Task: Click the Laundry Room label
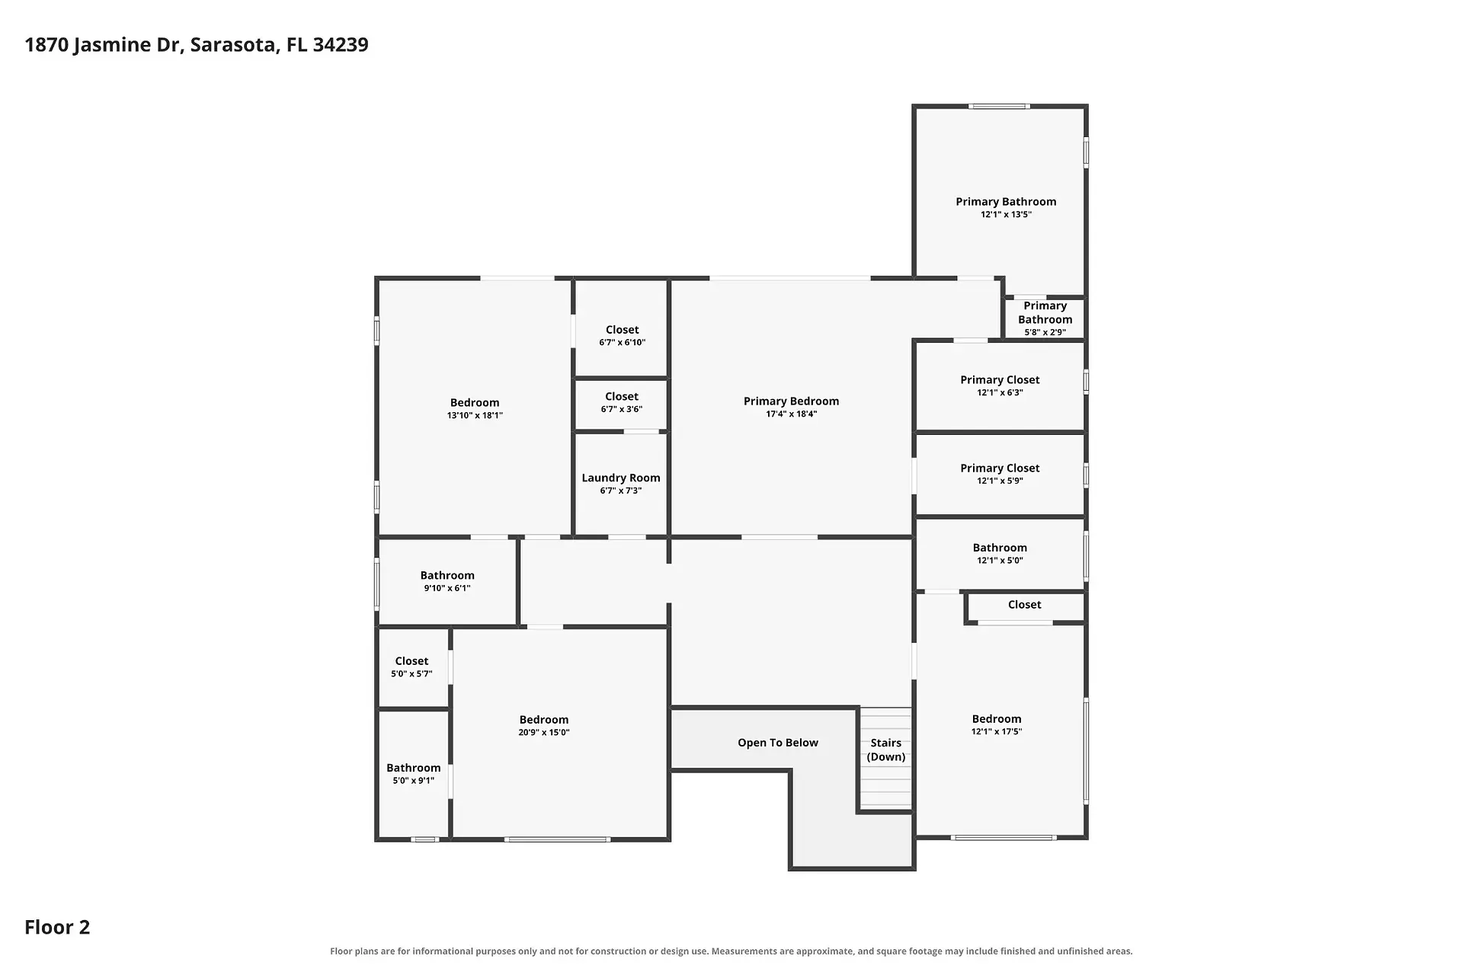[621, 478]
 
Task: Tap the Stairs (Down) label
[886, 750]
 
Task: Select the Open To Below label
[778, 743]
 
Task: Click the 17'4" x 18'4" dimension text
[792, 414]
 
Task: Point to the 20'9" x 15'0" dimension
[544, 733]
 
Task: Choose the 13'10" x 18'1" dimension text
[475, 416]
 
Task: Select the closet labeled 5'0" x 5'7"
[411, 667]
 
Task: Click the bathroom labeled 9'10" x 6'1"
[447, 581]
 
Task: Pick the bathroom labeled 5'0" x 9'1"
[414, 774]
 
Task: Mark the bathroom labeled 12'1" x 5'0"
[1000, 554]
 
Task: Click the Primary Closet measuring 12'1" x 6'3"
[1000, 385]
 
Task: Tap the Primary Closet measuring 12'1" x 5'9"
[1000, 474]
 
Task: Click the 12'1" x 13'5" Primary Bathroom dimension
[1007, 215]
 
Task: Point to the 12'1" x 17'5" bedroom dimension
[997, 732]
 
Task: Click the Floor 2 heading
[57, 927]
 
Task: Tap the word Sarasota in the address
[233, 45]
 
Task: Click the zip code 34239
[341, 45]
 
